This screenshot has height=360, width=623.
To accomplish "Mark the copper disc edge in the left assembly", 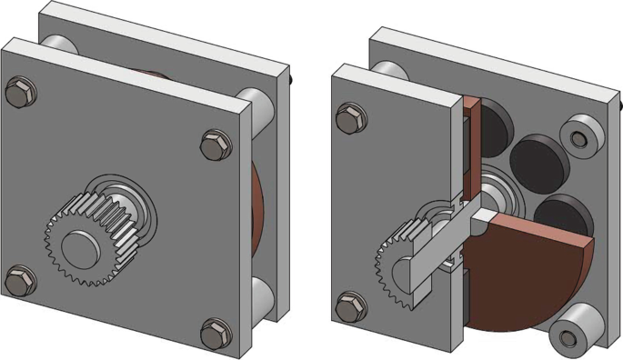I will click(x=256, y=209).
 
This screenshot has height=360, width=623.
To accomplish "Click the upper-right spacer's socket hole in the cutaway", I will click(x=579, y=138).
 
